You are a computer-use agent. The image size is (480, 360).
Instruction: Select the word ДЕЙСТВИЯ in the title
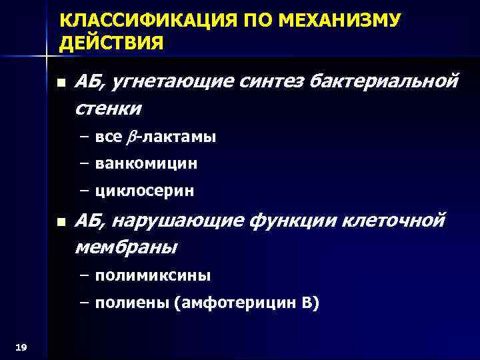pos(111,44)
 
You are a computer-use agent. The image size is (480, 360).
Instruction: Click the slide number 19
pos(20,346)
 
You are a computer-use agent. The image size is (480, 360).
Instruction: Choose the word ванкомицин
pos(146,163)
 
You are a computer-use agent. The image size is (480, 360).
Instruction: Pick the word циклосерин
pos(145,191)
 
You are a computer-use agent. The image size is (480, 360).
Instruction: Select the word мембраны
pos(126,247)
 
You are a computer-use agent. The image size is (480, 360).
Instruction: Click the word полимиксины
pos(153,275)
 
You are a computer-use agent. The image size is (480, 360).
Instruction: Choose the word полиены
pos(131,303)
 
